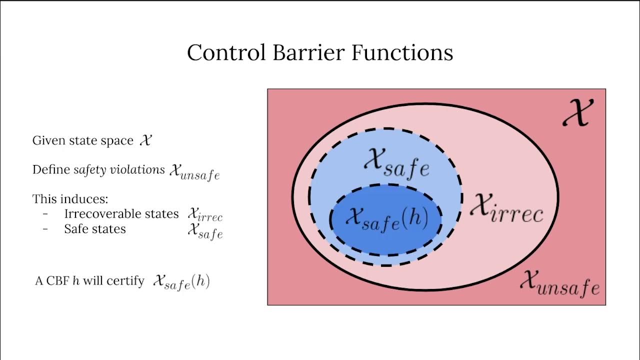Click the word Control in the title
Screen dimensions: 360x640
pos(226,52)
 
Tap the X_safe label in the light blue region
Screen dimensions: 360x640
pos(396,162)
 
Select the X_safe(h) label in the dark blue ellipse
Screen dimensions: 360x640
pos(386,219)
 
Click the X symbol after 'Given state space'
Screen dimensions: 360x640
pos(145,140)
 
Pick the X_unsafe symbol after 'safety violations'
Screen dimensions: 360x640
pos(194,171)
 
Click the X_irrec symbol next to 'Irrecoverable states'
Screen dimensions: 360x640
pos(205,214)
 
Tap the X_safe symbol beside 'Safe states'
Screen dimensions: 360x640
pos(205,230)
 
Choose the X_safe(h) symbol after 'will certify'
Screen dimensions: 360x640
pos(181,281)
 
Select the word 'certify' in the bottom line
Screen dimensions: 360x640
pos(129,281)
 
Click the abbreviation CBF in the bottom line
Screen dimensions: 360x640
pos(56,281)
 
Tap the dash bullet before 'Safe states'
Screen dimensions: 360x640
pos(45,229)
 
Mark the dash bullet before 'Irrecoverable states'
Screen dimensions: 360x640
pos(45,214)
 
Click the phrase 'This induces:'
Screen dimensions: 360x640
pos(70,199)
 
